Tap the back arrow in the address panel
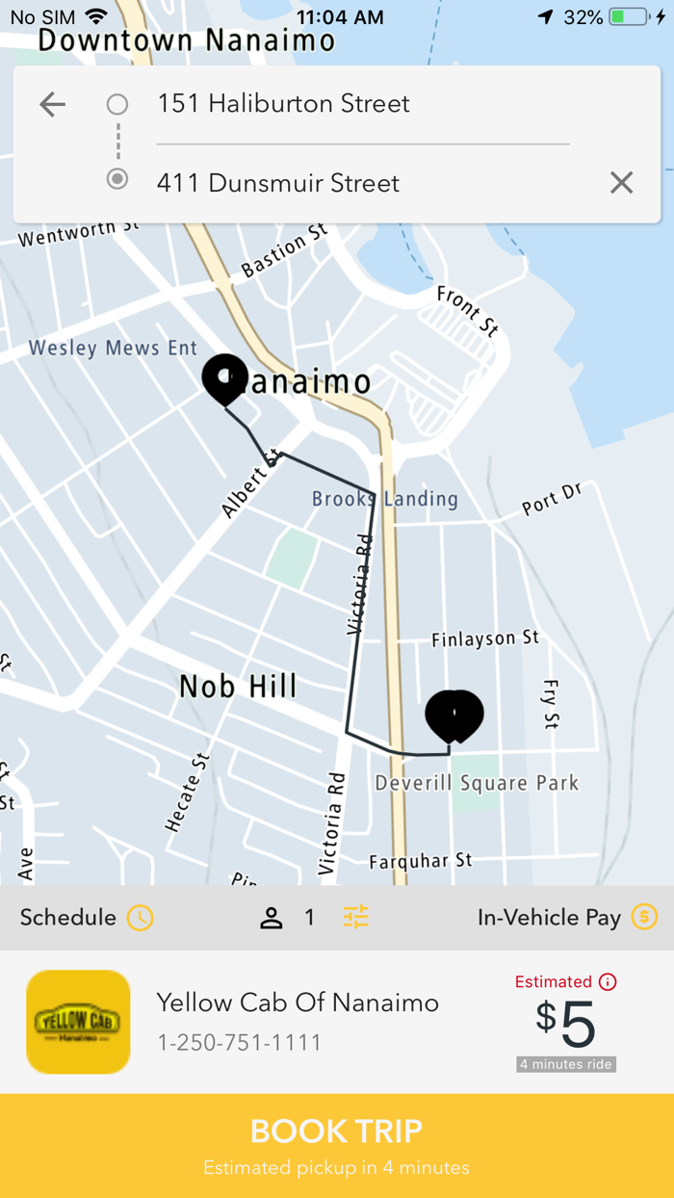coord(53,104)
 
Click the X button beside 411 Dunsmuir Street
coord(621,182)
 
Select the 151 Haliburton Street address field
coord(283,104)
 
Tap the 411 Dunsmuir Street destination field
coord(278,183)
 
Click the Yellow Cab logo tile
coord(78,1022)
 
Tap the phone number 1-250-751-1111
coord(240,1043)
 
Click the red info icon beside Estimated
coord(608,982)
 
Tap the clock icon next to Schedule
coord(141,918)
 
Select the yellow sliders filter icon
coord(355,918)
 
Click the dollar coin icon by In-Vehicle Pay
coord(644,917)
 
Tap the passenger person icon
coord(272,918)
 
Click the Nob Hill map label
coord(238,687)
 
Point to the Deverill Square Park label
coord(477,783)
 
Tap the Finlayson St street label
coord(485,638)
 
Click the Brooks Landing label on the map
coord(385,499)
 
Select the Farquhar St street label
coord(421,860)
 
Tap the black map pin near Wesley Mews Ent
coord(225,378)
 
